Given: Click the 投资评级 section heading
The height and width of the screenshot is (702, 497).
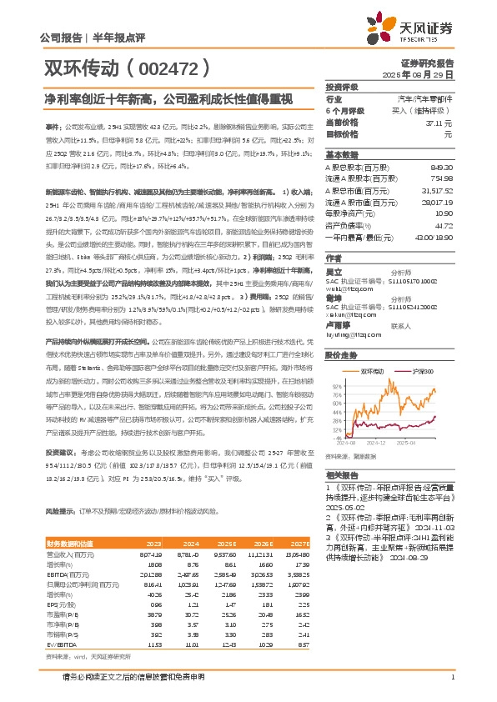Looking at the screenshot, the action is tap(342, 87).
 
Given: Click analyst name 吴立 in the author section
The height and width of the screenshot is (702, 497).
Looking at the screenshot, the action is tap(334, 272).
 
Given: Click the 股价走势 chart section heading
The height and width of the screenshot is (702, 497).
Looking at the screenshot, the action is tap(342, 354).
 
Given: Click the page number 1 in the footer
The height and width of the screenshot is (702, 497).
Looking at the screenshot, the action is tap(451, 676).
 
